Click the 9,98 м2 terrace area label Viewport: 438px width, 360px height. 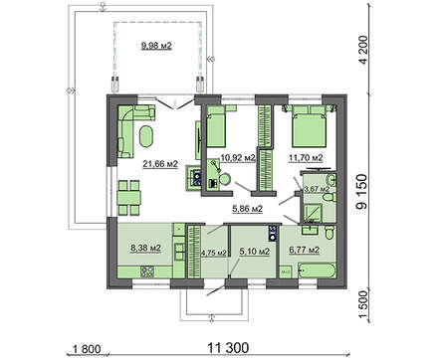pos(156,46)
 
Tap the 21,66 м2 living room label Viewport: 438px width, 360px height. pos(160,163)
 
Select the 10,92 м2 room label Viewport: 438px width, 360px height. pos(238,158)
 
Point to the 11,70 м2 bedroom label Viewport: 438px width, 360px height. pos(306,158)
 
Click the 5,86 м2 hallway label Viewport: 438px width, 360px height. pos(247,209)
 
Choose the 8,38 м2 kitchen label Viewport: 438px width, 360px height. pos(146,248)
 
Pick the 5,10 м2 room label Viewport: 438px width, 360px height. pos(255,252)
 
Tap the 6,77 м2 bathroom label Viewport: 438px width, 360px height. pos(305,250)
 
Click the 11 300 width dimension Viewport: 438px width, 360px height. pos(228,348)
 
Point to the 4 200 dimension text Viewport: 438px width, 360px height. pos(364,50)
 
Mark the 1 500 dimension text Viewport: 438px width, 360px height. pos(364,305)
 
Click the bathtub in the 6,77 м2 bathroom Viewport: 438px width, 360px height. pos(317,270)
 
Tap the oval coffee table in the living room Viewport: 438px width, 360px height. pos(145,136)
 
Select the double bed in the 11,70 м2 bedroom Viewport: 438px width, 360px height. pos(309,126)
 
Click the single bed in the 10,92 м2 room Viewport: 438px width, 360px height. pos(216,126)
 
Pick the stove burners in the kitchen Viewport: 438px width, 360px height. pos(147,272)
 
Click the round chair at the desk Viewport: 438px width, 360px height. pos(225,180)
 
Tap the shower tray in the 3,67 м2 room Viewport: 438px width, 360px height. pos(313,212)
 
